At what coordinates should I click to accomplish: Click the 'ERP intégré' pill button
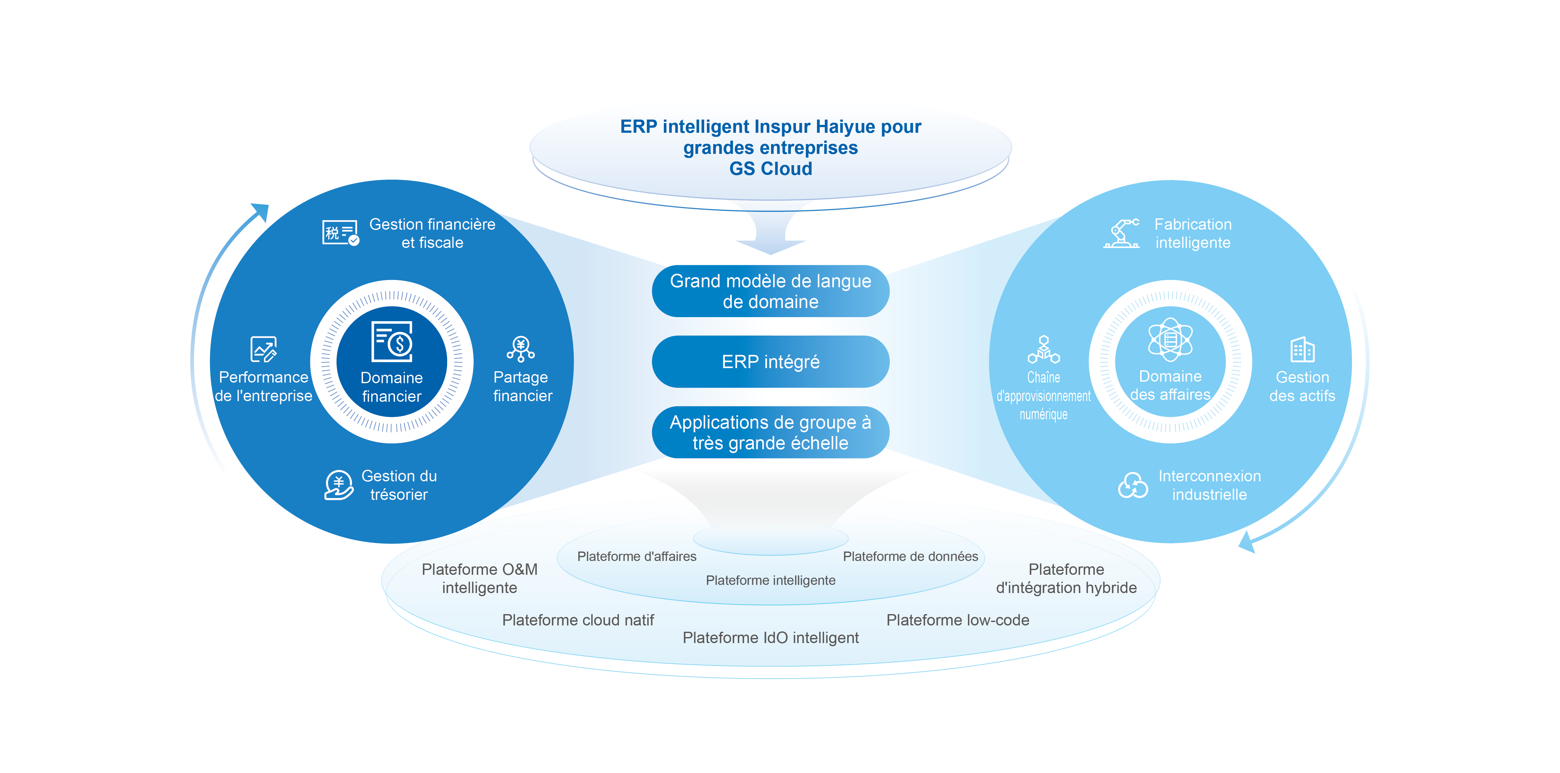click(x=770, y=362)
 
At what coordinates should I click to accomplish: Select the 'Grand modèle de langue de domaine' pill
click(x=770, y=291)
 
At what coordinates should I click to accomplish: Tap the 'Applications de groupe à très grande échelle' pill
click(x=770, y=433)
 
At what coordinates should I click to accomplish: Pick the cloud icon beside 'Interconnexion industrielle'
click(x=1132, y=485)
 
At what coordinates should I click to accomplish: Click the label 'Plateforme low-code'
click(x=958, y=620)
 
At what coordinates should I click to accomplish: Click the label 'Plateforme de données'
click(x=910, y=556)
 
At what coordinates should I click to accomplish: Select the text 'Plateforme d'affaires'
click(x=636, y=556)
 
